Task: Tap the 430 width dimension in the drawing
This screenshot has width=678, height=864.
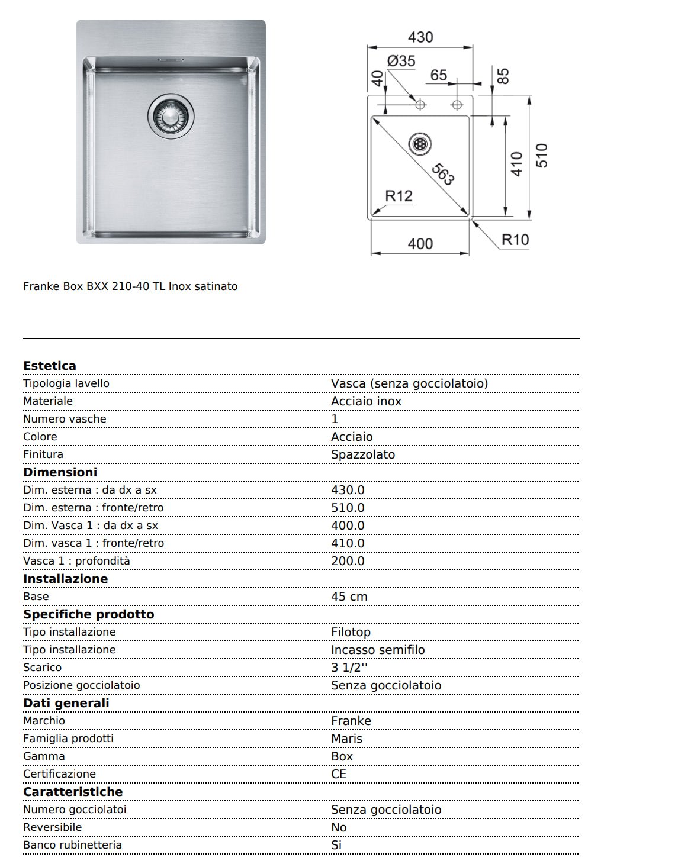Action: point(420,37)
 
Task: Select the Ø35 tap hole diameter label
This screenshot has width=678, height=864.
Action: point(401,61)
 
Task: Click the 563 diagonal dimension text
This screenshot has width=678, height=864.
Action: point(443,173)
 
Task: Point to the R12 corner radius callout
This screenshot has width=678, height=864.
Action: point(399,196)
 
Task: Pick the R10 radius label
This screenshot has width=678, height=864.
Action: point(515,240)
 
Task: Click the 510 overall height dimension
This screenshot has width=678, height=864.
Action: point(541,156)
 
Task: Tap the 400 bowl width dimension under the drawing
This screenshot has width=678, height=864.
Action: point(420,243)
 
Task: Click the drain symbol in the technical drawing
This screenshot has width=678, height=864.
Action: point(420,144)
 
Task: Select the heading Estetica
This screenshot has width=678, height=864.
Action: point(50,366)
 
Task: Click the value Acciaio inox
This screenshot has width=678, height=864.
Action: point(366,401)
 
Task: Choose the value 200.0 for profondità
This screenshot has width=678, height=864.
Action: point(348,561)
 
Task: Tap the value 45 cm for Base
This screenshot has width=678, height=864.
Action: point(349,597)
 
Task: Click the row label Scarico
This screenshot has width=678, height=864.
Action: point(42,668)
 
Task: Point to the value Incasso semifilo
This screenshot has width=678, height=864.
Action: point(378,650)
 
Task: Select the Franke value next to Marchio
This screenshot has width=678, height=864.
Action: point(351,721)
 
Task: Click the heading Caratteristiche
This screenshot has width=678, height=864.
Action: point(73,792)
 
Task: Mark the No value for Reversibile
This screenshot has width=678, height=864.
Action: point(339,827)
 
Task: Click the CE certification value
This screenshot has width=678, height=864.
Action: point(339,774)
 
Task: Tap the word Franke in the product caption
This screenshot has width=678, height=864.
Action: point(41,286)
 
